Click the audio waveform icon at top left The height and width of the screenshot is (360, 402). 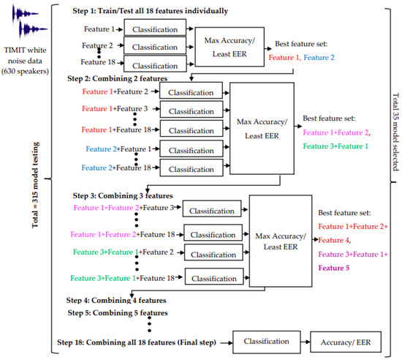click(x=22, y=20)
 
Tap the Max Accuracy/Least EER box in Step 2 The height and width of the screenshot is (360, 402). click(x=261, y=121)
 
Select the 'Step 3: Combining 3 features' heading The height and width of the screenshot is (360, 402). click(x=123, y=196)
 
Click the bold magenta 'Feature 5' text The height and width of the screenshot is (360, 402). click(x=336, y=269)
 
